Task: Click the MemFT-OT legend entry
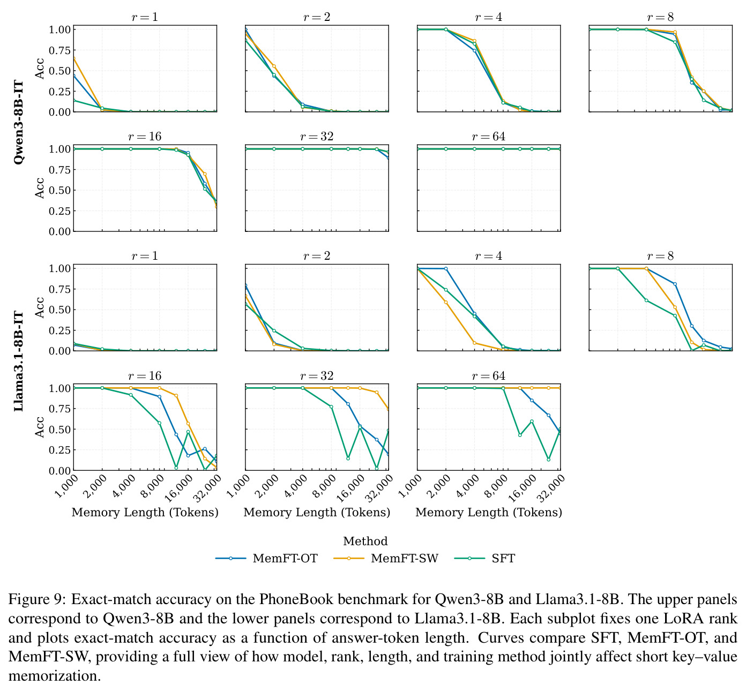[266, 558]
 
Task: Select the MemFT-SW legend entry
[386, 558]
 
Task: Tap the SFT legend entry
[484, 558]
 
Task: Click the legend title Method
[365, 541]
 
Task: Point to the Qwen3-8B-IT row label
[18, 123]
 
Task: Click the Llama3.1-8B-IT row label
[18, 361]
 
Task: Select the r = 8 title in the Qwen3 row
[660, 17]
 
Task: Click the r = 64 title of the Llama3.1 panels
[489, 375]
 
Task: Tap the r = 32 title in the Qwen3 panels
[317, 136]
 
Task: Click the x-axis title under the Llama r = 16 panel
[145, 512]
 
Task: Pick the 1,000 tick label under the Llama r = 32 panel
[238, 485]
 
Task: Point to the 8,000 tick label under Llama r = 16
[153, 485]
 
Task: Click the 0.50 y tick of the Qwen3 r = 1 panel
[59, 71]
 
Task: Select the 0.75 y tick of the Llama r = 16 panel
[59, 409]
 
